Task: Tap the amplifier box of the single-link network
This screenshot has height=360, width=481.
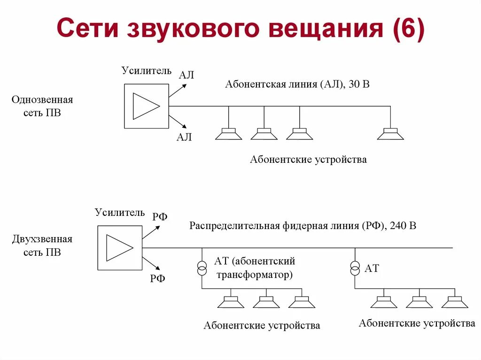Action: coord(146,106)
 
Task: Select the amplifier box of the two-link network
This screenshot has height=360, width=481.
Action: coord(119,248)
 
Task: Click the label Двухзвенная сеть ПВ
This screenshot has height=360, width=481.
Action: coord(42,246)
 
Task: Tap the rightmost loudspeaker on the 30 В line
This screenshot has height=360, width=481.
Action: coord(390,134)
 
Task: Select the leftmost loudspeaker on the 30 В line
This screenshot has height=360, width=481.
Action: coord(228,134)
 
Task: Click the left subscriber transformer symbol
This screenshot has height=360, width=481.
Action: coord(202,269)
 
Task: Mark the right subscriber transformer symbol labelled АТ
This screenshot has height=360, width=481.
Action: coord(355,268)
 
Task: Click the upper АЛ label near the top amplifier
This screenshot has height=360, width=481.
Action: coord(186,75)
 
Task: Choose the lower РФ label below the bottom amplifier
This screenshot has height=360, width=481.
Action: coord(158,279)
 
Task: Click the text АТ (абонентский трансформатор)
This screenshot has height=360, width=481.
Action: coord(254,268)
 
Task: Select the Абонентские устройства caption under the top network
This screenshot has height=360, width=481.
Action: coord(308,160)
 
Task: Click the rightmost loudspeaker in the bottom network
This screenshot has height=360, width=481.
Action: coord(455,303)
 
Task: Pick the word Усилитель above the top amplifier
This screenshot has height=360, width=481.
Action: coord(147,71)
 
